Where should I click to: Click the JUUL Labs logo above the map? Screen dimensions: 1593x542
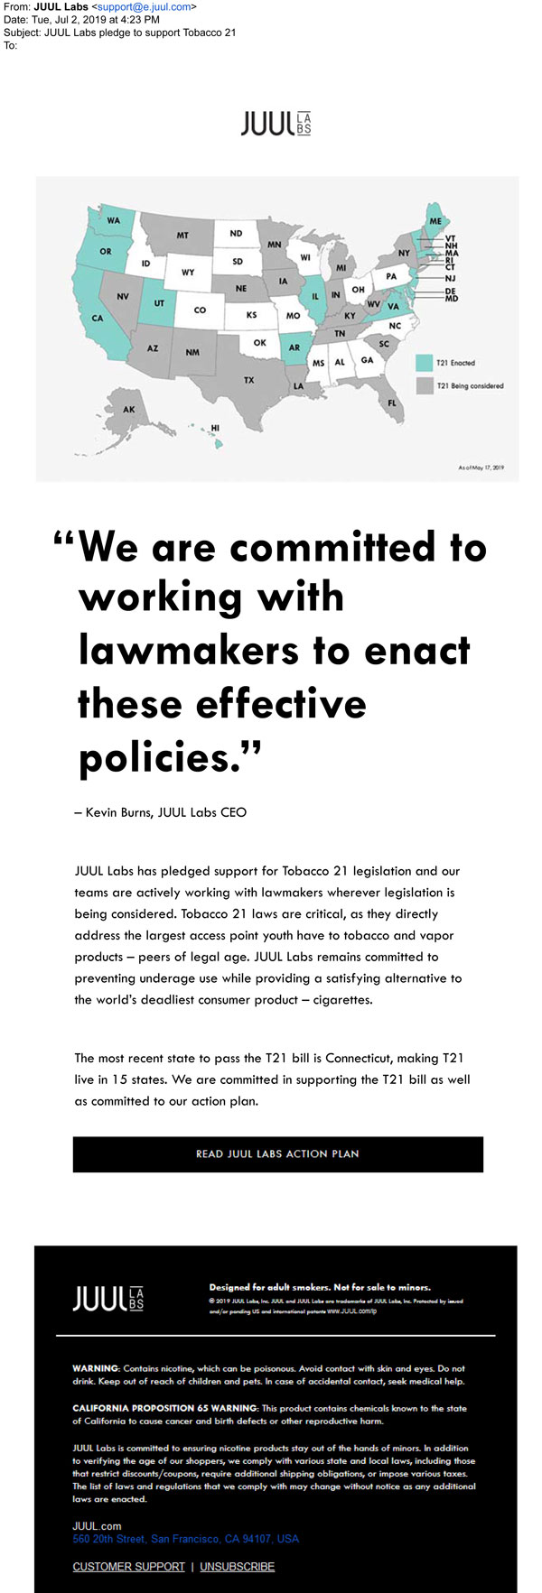[276, 124]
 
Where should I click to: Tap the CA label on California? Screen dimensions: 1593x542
[98, 318]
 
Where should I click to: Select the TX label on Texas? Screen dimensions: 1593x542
[248, 380]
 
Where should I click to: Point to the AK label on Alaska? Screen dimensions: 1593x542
[129, 410]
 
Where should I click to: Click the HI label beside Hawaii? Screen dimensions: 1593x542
[215, 428]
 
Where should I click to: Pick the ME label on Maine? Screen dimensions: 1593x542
[435, 221]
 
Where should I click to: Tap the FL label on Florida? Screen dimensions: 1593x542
[392, 403]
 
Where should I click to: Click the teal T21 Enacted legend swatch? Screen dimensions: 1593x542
[424, 363]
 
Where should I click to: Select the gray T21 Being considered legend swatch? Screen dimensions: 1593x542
[424, 385]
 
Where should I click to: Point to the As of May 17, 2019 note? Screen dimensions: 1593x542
[481, 468]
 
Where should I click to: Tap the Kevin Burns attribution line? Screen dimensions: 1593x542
[161, 812]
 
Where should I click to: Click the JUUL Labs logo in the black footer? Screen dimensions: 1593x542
[107, 1299]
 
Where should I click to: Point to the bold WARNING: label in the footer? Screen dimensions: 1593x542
[95, 1368]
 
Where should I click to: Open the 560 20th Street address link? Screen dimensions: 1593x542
[185, 1539]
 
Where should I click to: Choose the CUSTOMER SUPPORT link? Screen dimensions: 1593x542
[128, 1567]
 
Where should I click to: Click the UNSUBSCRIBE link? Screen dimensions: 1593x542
[237, 1567]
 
